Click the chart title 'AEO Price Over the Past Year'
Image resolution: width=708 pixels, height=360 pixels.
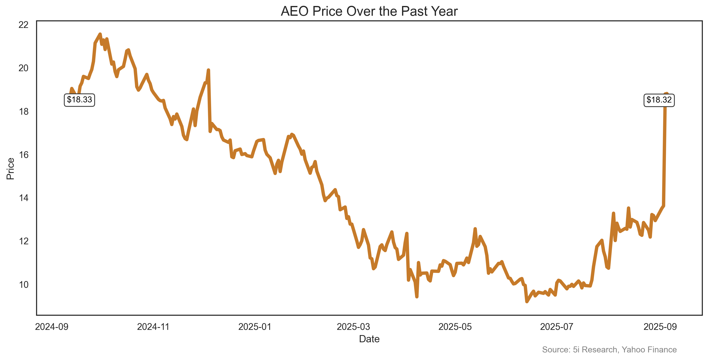[x=369, y=11]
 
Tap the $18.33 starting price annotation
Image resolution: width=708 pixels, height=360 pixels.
[x=79, y=100]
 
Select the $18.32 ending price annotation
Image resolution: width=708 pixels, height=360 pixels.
[x=659, y=100]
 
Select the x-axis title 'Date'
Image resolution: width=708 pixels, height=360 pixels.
[x=369, y=339]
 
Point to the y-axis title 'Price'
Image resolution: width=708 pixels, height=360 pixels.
[x=10, y=169]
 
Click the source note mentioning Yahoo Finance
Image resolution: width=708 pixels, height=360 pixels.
[x=609, y=350]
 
